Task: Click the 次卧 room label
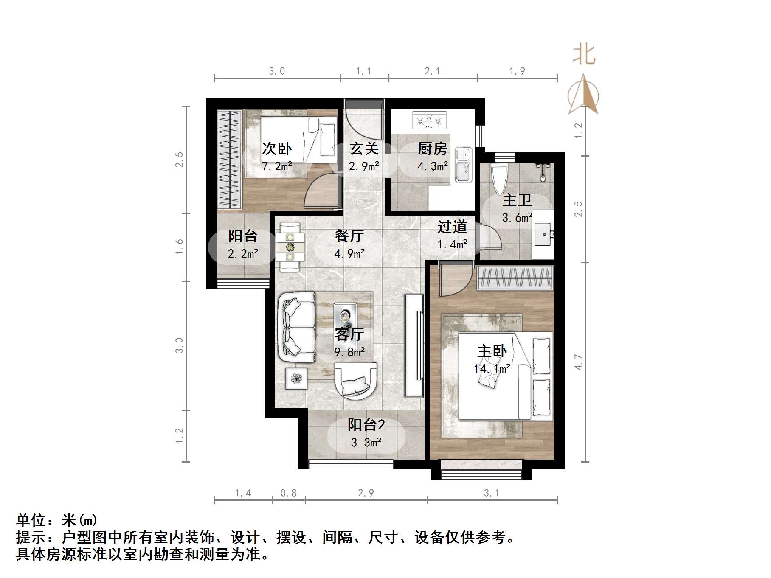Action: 277,149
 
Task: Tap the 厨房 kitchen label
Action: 432,149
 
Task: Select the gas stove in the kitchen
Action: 429,120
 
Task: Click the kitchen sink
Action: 464,165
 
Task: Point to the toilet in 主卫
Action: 499,181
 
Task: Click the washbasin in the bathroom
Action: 543,234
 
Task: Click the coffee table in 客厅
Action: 345,316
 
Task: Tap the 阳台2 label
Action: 366,425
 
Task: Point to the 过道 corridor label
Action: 452,227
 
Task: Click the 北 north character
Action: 584,55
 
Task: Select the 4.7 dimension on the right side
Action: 578,362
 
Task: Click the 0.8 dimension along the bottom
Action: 288,493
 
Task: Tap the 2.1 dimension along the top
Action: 432,71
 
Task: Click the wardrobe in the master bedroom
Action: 515,278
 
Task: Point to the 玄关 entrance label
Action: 364,149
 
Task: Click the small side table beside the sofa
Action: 296,378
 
